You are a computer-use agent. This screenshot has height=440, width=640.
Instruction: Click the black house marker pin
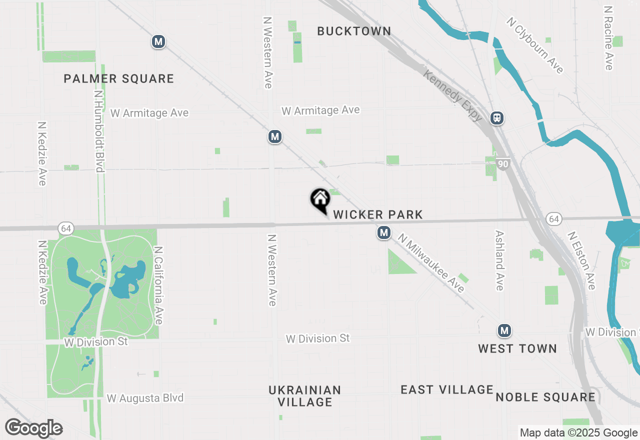tap(320, 199)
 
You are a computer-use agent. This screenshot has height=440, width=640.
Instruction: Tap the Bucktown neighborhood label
tap(354, 31)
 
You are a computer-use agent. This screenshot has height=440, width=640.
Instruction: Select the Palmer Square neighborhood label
tap(119, 78)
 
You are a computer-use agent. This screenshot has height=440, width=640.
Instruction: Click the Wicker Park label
tap(378, 215)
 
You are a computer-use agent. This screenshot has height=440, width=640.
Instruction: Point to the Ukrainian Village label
tap(304, 395)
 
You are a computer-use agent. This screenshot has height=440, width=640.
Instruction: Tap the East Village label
tap(447, 389)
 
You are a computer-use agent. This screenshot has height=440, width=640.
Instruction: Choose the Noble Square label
tap(545, 397)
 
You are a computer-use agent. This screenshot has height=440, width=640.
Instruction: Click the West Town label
tap(517, 348)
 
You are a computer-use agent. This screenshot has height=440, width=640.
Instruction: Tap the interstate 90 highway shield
tap(503, 163)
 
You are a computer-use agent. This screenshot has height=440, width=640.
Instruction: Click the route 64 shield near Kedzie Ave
tap(65, 228)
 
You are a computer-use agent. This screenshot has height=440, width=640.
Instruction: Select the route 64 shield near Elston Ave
tap(553, 219)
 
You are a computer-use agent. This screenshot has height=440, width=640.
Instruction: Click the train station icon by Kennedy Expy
tap(497, 118)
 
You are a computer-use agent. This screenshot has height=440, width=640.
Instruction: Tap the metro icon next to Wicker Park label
tap(384, 232)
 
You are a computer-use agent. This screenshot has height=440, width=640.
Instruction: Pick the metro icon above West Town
tap(504, 330)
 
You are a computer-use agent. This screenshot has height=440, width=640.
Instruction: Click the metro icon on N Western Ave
tap(274, 136)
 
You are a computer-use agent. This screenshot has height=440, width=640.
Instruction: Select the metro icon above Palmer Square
tap(158, 41)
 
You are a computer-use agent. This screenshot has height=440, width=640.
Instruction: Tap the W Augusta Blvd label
tap(145, 398)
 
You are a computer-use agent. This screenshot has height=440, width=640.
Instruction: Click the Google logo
tap(34, 428)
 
